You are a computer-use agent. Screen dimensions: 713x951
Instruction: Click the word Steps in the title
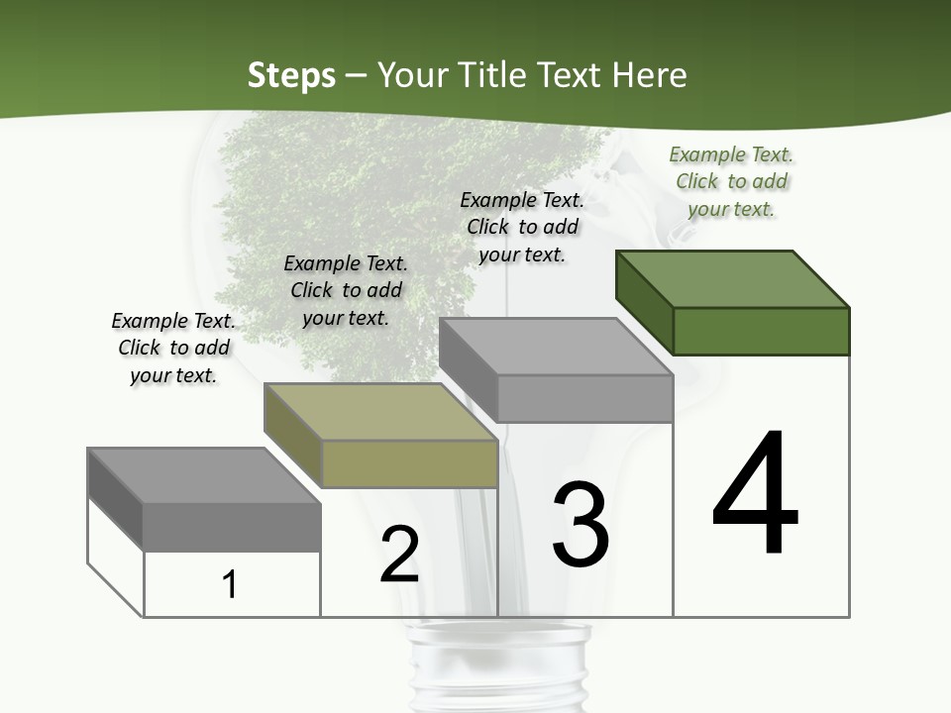291,75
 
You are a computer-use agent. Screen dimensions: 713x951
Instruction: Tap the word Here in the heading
650,75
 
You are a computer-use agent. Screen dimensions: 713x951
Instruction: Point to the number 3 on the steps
581,525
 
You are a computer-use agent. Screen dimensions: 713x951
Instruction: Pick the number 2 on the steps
399,555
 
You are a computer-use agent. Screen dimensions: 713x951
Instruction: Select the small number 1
230,584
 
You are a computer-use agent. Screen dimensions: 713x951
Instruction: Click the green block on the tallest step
761,331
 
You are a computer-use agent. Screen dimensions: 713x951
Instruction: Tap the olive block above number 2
408,463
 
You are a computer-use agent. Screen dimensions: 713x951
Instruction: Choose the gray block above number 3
584,398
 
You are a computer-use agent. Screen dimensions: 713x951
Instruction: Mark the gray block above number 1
231,526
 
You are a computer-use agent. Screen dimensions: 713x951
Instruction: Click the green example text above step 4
731,182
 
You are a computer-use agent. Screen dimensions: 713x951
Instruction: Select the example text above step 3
522,227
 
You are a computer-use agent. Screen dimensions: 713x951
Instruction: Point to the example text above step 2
346,290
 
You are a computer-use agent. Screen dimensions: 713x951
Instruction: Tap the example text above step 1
173,348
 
